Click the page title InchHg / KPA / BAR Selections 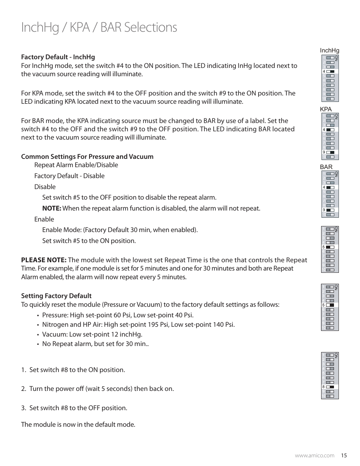pyautogui.click(x=99, y=28)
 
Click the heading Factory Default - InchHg pyautogui.click(x=58, y=57)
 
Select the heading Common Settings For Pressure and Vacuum pyautogui.click(x=87, y=157)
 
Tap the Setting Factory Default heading pyautogui.click(x=56, y=296)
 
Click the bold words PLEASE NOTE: pyautogui.click(x=44, y=260)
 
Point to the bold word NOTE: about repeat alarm pyautogui.click(x=51, y=208)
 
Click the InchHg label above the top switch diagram pyautogui.click(x=329, y=51)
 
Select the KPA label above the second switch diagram pyautogui.click(x=326, y=109)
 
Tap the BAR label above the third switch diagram pyautogui.click(x=326, y=167)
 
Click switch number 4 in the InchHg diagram pyautogui.click(x=330, y=71)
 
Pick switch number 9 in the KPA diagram pyautogui.click(x=330, y=152)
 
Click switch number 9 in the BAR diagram pyautogui.click(x=330, y=210)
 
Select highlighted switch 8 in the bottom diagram pyautogui.click(x=330, y=387)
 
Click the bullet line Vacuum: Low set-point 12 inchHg pyautogui.click(x=92, y=334)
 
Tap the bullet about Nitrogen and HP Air pyautogui.click(x=138, y=325)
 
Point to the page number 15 pyautogui.click(x=343, y=455)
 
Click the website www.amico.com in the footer pyautogui.click(x=314, y=455)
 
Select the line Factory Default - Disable pyautogui.click(x=69, y=176)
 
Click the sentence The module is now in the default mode pyautogui.click(x=78, y=424)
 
